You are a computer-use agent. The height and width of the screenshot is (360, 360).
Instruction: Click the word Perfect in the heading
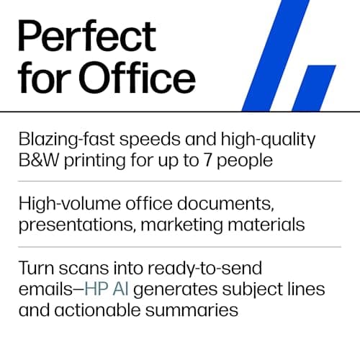click(x=86, y=37)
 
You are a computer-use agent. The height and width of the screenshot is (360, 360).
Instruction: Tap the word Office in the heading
click(x=140, y=78)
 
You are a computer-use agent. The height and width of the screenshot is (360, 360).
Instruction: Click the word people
click(x=244, y=160)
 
